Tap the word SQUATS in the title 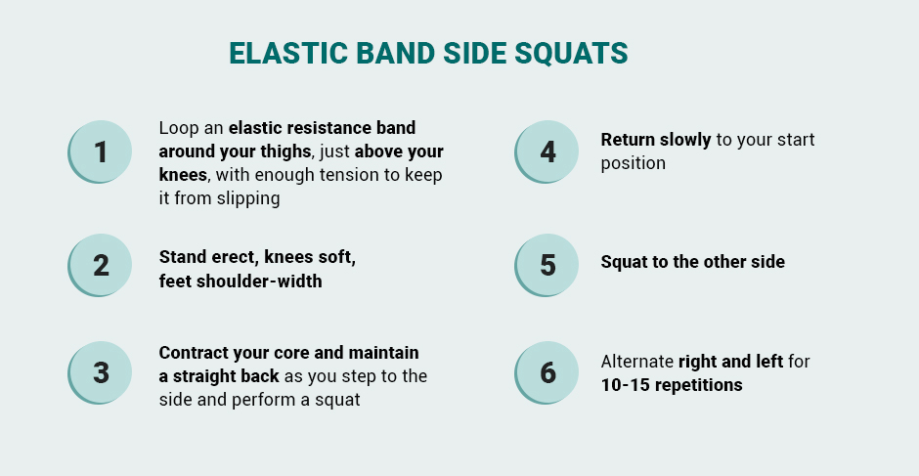(x=572, y=54)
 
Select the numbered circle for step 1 (x=100, y=151)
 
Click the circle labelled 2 (x=100, y=265)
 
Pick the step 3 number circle (x=100, y=372)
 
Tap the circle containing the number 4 (x=547, y=151)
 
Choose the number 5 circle (x=547, y=265)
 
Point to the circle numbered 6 (x=547, y=372)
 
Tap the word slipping (x=248, y=198)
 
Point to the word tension (x=334, y=175)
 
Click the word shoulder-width (x=259, y=281)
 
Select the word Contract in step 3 (x=194, y=353)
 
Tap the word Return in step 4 (x=627, y=140)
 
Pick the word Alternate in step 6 (x=637, y=362)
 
